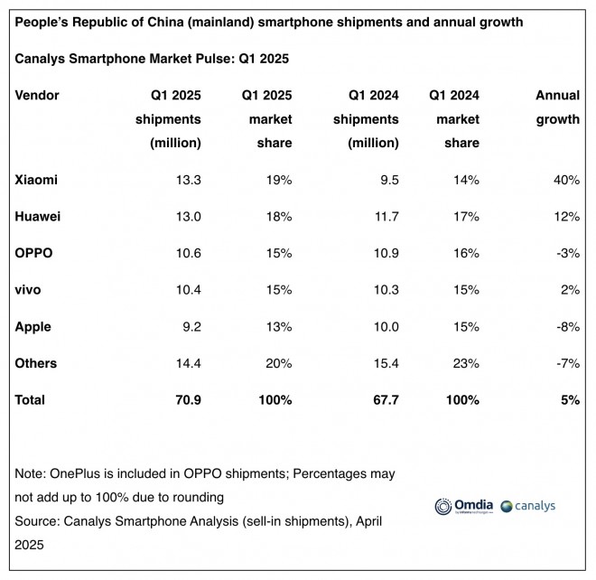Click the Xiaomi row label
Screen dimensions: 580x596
[37, 180]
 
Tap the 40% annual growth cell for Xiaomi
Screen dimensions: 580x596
[564, 180]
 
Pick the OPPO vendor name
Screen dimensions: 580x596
[35, 253]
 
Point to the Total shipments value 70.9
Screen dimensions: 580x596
[185, 399]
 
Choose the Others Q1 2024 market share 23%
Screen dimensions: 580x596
[466, 363]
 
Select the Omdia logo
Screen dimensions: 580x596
[461, 507]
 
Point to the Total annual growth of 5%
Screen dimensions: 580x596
[569, 399]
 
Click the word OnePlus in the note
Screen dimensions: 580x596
[84, 473]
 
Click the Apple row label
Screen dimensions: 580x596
[34, 326]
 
